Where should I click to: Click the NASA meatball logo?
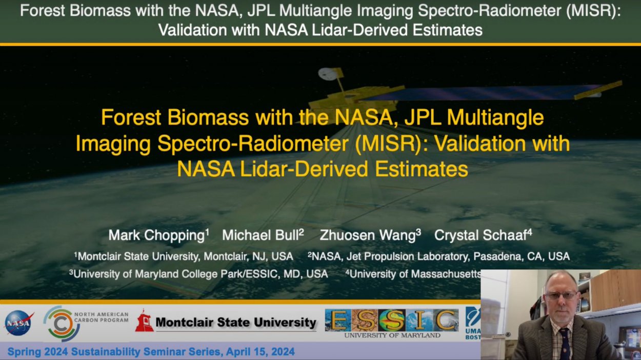(19, 323)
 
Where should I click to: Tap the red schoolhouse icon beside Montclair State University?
(145, 321)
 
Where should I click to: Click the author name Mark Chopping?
(156, 235)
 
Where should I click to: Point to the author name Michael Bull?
(261, 235)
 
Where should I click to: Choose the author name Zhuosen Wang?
(368, 235)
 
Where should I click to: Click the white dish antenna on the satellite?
(327, 74)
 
